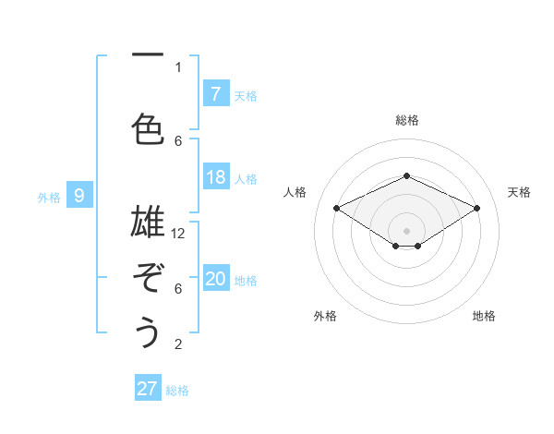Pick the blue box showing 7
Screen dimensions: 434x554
215,94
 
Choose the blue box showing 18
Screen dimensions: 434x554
215,177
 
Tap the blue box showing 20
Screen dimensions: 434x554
215,280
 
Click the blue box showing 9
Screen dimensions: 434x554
79,196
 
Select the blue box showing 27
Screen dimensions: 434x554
148,389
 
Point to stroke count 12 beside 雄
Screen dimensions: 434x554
179,234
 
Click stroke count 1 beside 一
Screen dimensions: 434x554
178,66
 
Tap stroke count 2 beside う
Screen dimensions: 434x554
178,344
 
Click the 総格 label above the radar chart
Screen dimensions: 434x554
406,120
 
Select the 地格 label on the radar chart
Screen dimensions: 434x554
484,316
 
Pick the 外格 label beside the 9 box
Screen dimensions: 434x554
49,197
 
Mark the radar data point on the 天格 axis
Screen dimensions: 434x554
477,209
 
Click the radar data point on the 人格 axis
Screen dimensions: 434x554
337,209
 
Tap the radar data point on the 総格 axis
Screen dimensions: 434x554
406,175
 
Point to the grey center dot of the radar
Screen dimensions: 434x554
406,229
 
